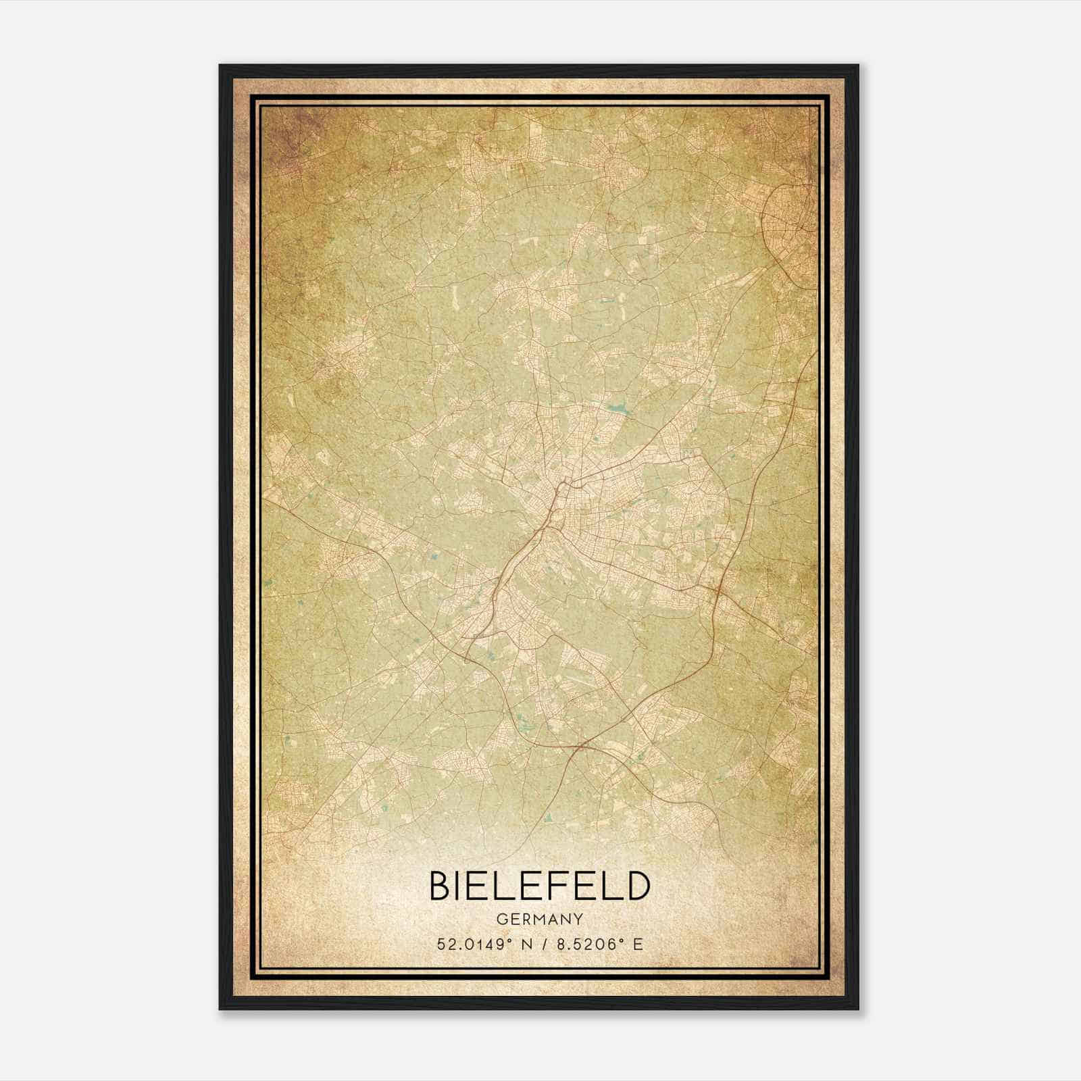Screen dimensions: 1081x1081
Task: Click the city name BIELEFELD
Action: tap(539, 886)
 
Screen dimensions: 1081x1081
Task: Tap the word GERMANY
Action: tap(539, 920)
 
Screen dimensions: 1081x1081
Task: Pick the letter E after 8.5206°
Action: tap(637, 945)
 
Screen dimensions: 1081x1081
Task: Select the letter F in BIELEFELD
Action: tap(565, 886)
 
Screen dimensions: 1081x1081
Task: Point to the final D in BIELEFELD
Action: tap(638, 886)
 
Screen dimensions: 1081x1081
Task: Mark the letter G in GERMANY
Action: tap(501, 920)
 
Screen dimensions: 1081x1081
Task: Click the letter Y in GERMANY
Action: tap(578, 920)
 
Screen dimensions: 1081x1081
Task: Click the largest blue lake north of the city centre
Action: tap(618, 408)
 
